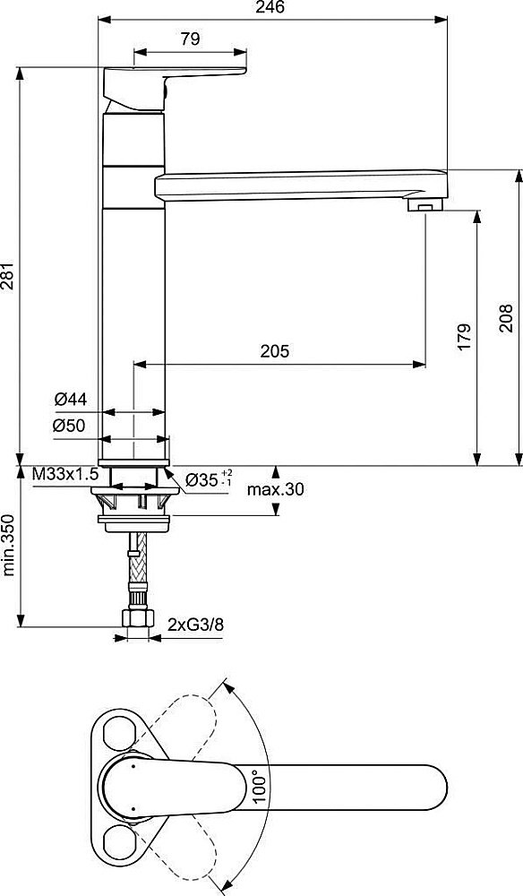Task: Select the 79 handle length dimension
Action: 189,39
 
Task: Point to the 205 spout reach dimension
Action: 276,352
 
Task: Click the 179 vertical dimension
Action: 463,335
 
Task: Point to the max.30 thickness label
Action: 276,489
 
